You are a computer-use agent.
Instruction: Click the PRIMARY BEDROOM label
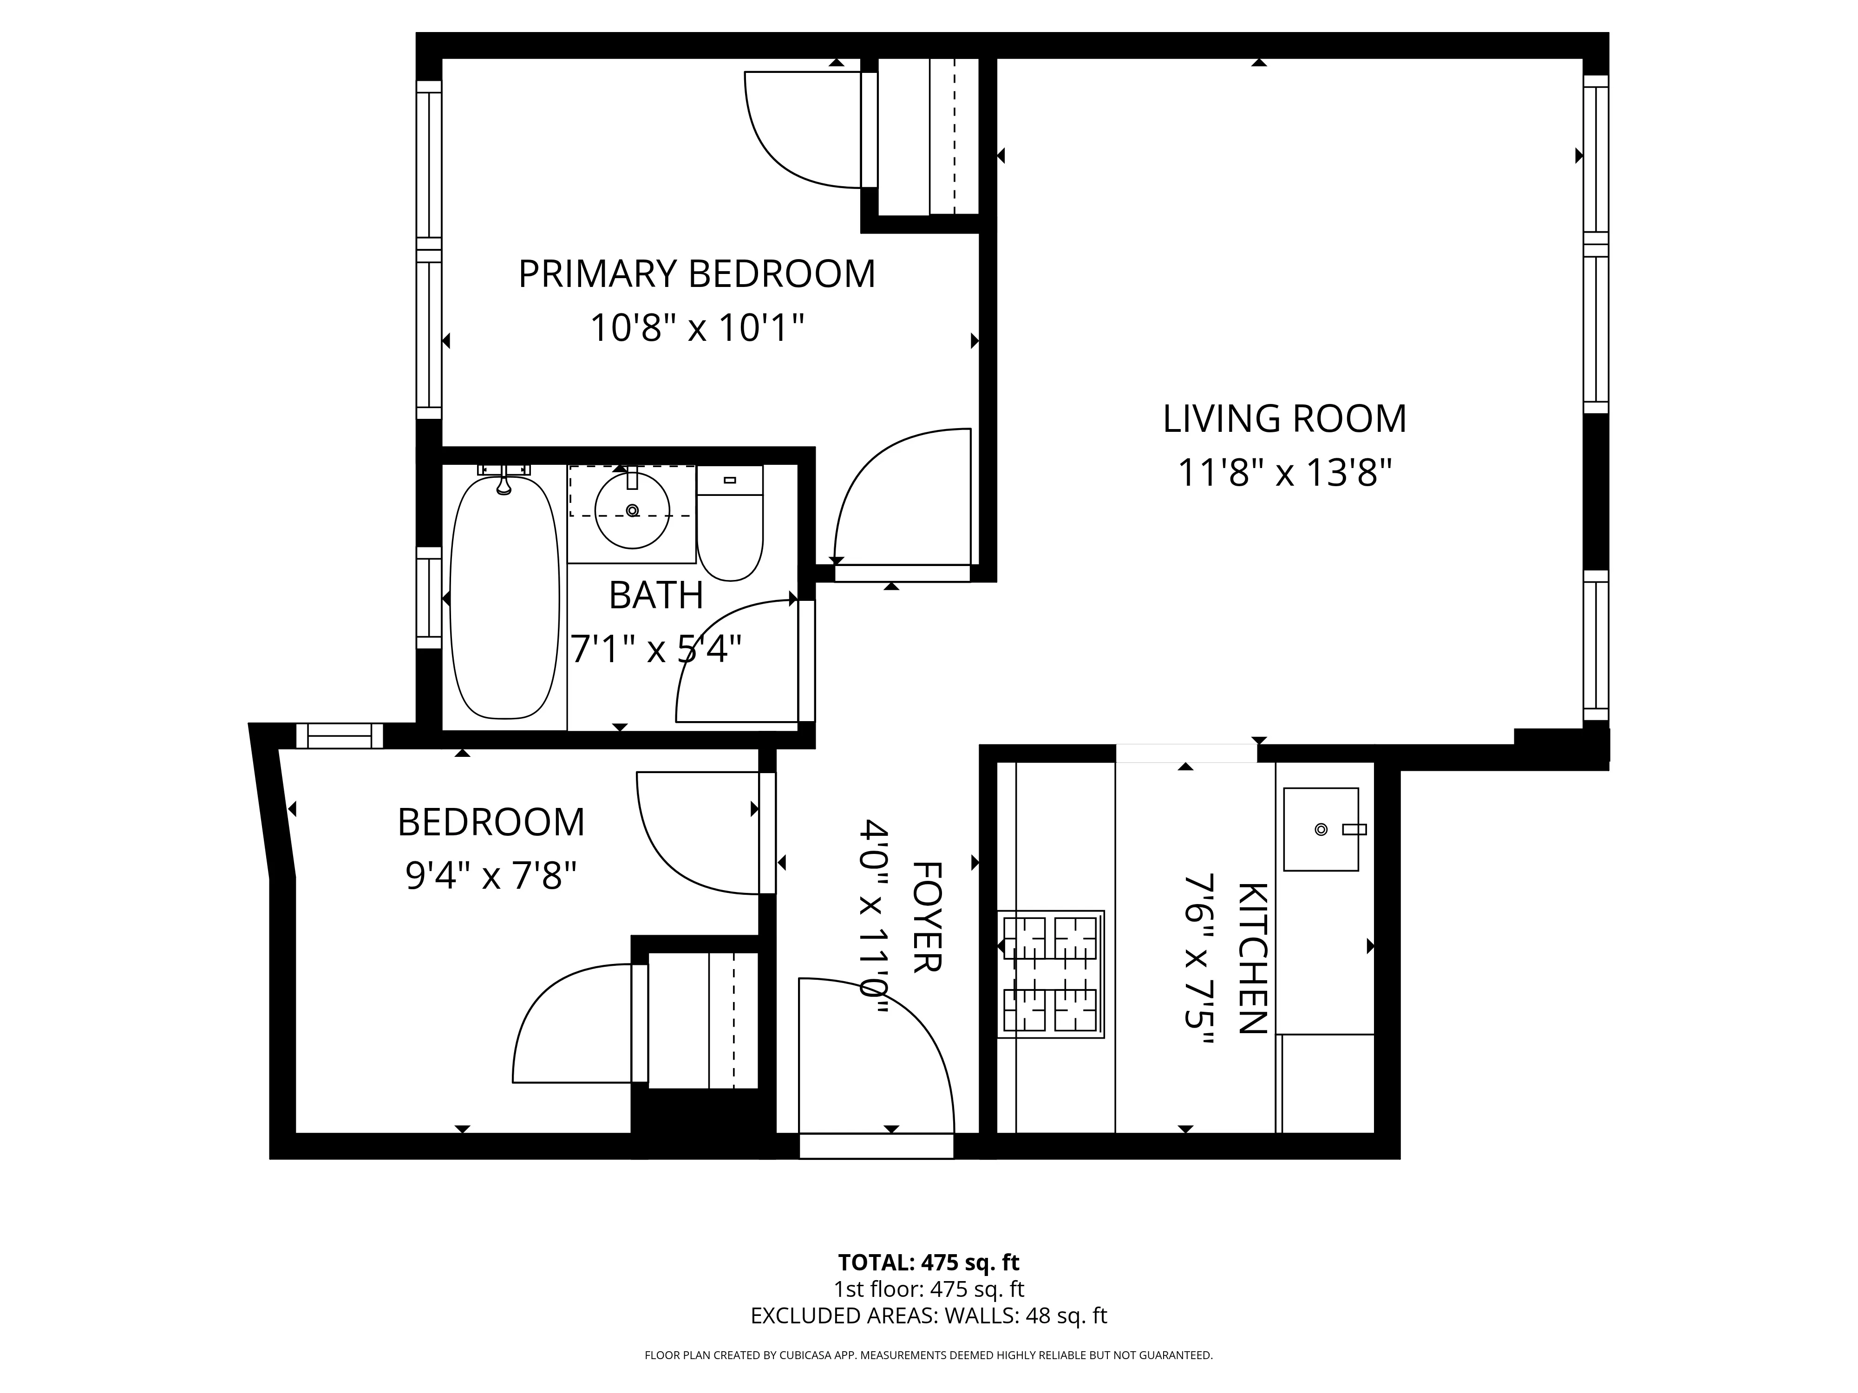(696, 274)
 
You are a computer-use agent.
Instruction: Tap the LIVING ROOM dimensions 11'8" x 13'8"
(1284, 473)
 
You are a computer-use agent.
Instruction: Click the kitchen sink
(1321, 830)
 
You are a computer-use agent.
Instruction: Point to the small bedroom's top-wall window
(340, 736)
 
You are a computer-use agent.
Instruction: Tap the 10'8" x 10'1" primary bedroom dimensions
(696, 327)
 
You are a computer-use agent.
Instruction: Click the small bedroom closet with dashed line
(704, 1020)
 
